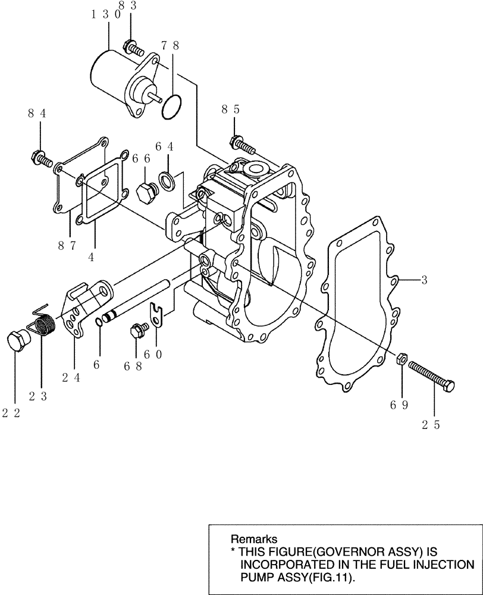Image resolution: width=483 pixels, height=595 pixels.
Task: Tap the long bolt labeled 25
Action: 432,377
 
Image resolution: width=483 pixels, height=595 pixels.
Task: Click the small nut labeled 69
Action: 402,359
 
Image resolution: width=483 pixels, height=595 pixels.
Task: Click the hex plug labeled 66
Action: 146,193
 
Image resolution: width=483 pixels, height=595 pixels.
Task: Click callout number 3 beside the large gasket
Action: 424,280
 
